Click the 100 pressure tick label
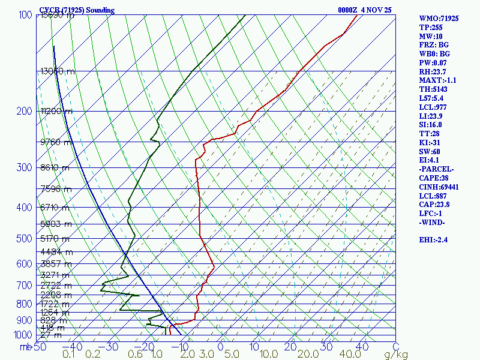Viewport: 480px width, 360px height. tap(25, 15)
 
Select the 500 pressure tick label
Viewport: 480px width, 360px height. tap(25, 239)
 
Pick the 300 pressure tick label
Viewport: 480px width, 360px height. tap(25, 167)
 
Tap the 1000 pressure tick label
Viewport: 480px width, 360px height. tap(22, 335)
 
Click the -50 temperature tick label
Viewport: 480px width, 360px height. tap(39, 347)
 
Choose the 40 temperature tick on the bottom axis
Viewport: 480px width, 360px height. tap(362, 347)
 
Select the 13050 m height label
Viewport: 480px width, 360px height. tap(58, 71)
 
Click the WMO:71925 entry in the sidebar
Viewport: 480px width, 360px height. tap(439, 19)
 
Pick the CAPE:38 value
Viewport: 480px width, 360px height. tap(433, 178)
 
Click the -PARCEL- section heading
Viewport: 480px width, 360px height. tap(436, 169)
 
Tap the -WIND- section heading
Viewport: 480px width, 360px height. tap(432, 223)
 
